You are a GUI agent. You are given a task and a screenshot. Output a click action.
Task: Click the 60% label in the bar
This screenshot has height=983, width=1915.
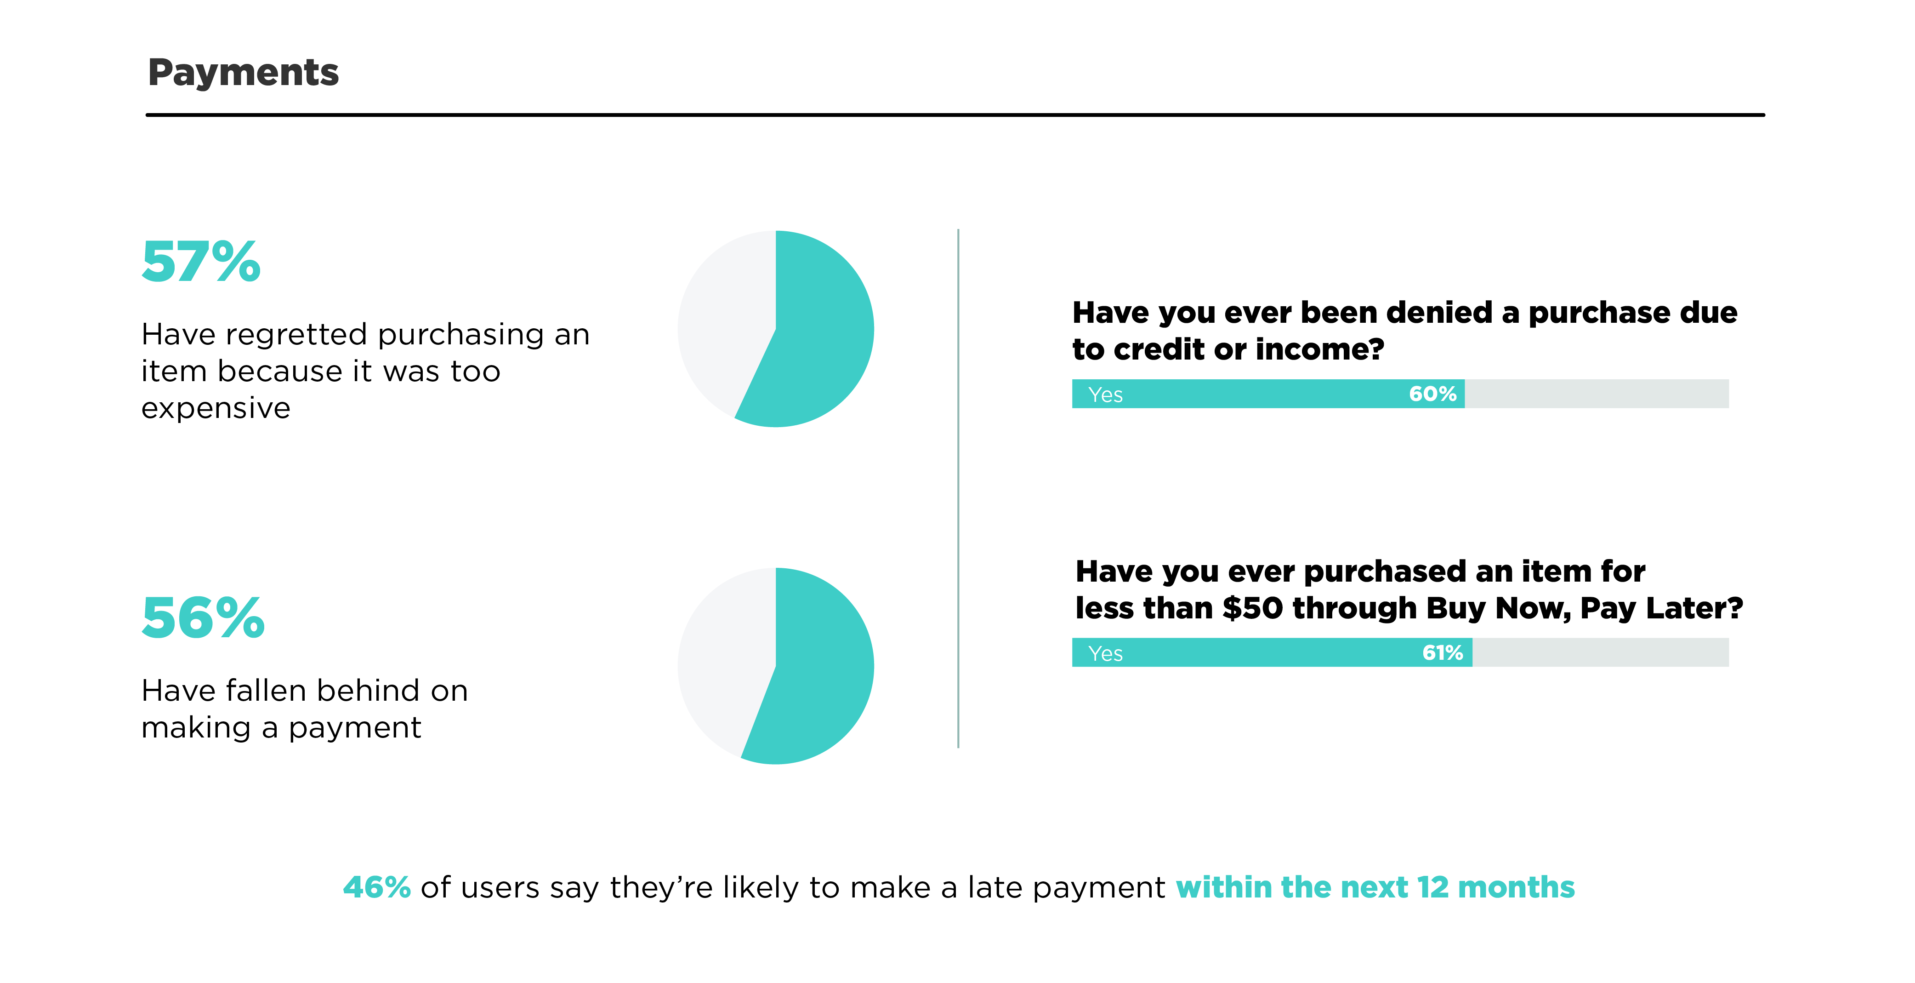[x=1432, y=394]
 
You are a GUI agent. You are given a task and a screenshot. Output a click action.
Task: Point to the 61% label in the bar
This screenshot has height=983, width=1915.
[x=1442, y=653]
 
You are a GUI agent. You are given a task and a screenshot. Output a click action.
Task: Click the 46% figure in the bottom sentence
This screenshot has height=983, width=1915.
[x=376, y=887]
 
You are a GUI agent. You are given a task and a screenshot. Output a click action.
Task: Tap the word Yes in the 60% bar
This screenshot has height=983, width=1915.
[x=1105, y=395]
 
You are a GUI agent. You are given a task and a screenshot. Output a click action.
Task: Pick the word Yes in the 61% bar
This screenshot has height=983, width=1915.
[x=1105, y=654]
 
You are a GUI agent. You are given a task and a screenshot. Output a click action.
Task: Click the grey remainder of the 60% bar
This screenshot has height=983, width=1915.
[x=1597, y=394]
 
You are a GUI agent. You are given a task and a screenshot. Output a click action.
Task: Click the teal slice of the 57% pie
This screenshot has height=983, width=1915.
[x=818, y=342]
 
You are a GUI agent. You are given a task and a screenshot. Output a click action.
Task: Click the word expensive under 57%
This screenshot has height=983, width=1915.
[x=216, y=409]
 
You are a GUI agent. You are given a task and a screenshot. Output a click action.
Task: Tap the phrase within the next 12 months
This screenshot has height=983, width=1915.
[x=1375, y=887]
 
